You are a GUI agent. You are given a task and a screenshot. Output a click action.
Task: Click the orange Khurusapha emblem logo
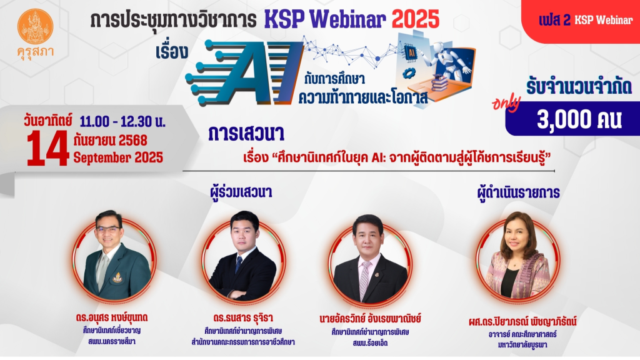click(x=35, y=26)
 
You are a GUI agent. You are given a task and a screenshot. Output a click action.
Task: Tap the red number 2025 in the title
click(x=416, y=19)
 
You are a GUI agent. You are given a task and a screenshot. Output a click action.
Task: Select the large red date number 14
click(x=47, y=149)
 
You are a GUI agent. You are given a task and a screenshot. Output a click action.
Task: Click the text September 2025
click(x=118, y=157)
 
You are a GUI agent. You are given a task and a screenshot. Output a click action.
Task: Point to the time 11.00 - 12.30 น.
click(x=122, y=121)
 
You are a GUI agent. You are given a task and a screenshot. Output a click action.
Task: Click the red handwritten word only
click(x=506, y=103)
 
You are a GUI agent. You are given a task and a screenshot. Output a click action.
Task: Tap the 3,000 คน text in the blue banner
click(x=579, y=120)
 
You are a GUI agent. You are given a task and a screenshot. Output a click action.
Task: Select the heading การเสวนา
click(x=246, y=134)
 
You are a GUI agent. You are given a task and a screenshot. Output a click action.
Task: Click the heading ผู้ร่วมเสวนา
click(x=241, y=192)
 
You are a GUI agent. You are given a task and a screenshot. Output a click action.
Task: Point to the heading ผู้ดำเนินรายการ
click(x=518, y=192)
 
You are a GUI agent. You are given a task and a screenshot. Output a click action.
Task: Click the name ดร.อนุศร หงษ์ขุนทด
click(x=111, y=317)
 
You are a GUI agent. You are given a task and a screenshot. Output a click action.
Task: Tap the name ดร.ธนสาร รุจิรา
click(x=243, y=317)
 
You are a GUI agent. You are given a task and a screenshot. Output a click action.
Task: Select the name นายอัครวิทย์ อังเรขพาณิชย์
click(x=370, y=319)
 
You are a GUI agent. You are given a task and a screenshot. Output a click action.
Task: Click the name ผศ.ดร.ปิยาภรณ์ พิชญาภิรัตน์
click(x=522, y=322)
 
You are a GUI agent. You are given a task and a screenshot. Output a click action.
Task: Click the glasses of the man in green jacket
click(x=108, y=230)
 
